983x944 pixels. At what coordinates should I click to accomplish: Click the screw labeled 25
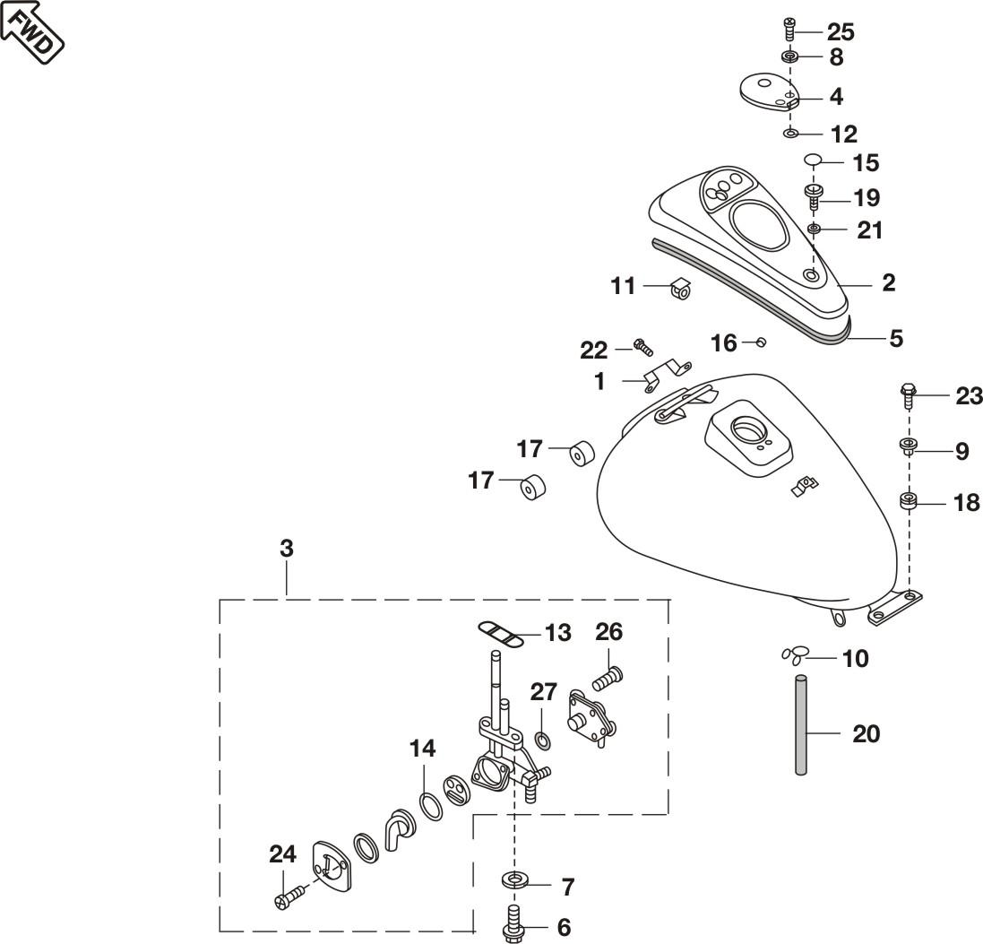(x=789, y=29)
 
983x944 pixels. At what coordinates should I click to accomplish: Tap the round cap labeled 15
(x=813, y=161)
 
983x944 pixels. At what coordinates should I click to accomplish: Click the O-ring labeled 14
(x=431, y=804)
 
